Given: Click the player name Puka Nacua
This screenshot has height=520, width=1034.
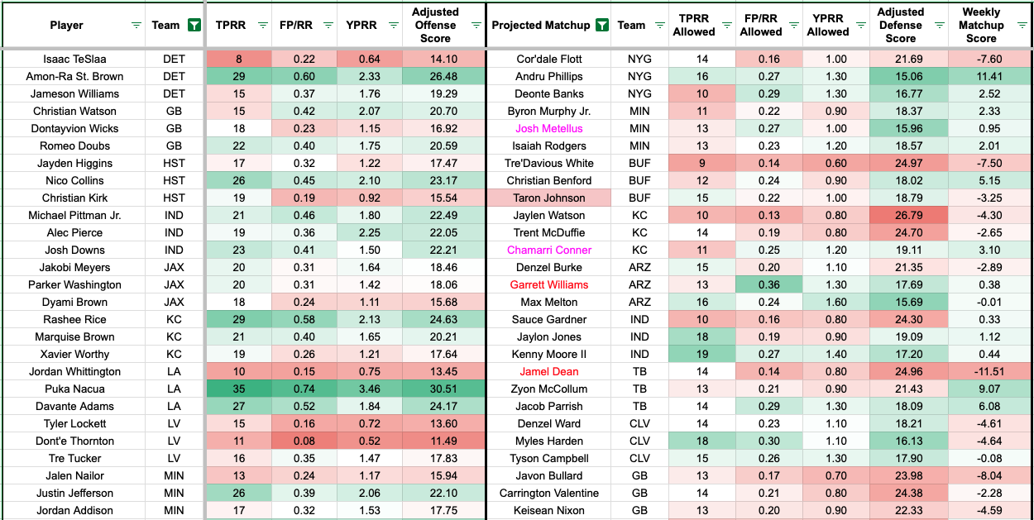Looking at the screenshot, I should point(74,389).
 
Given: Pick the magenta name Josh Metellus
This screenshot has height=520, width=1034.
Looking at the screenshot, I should point(548,128).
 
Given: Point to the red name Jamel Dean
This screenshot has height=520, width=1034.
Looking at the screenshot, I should point(548,371).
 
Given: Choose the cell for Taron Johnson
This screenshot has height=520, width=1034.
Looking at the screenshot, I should point(548,198).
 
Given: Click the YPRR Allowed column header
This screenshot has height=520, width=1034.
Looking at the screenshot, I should point(828,25).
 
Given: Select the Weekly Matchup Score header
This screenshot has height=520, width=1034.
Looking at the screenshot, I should point(981,25).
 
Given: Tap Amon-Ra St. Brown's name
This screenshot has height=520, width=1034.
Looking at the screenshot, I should point(74,76).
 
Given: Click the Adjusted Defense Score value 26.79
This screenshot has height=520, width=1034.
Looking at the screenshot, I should point(901,215).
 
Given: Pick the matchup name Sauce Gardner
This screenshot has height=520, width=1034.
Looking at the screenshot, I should point(548,319).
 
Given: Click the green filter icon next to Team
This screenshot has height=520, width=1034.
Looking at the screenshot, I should point(194,25).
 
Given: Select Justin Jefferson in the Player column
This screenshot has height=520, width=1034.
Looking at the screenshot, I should point(74,493).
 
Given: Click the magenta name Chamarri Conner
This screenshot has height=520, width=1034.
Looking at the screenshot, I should point(548,250).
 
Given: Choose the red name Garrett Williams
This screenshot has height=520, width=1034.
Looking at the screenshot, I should point(548,284).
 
